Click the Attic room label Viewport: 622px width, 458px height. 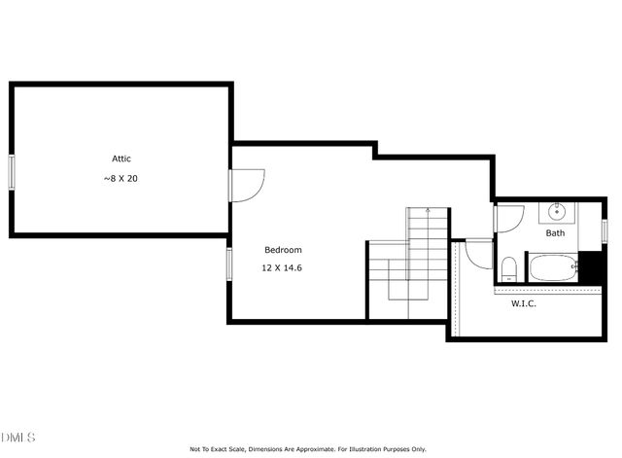121,159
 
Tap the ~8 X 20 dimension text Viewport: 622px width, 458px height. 121,179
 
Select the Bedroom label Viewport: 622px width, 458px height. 283,250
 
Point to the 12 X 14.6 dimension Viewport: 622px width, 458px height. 283,267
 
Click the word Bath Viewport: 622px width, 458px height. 555,233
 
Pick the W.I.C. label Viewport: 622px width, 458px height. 524,303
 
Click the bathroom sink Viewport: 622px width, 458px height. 557,211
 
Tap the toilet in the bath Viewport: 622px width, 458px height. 508,267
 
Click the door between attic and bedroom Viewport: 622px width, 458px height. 246,184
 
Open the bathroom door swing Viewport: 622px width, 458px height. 508,217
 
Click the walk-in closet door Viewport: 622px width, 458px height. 479,253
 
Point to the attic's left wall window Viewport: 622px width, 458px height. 11,172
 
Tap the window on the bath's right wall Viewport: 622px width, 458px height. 604,229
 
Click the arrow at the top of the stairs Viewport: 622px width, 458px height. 427,211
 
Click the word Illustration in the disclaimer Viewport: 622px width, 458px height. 369,449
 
